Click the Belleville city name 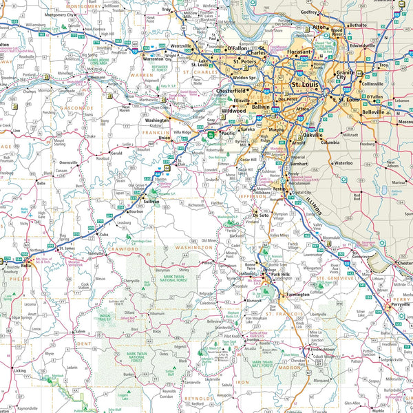tap(357, 111)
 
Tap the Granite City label tap(346, 76)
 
